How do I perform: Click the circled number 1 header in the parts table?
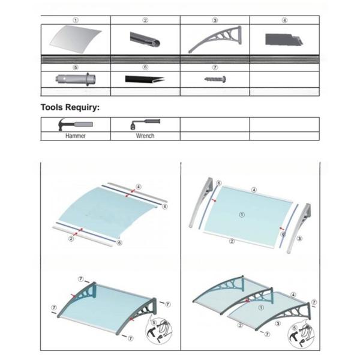pyautogui.click(x=76, y=20)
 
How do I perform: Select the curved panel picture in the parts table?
pyautogui.click(x=76, y=40)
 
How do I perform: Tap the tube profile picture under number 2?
pyautogui.click(x=145, y=40)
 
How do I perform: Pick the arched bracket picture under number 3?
pyautogui.click(x=215, y=39)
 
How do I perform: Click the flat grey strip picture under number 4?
pyautogui.click(x=284, y=40)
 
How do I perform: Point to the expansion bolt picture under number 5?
pyautogui.click(x=76, y=79)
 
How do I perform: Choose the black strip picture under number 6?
pyautogui.click(x=145, y=79)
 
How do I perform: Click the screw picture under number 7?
pyautogui.click(x=215, y=79)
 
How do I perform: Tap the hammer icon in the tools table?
pyautogui.click(x=76, y=124)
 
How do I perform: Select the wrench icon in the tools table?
pyautogui.click(x=145, y=124)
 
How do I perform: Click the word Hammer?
pyautogui.click(x=76, y=136)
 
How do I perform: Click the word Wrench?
pyautogui.click(x=145, y=136)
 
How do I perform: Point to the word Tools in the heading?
pyautogui.click(x=52, y=107)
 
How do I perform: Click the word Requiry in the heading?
pyautogui.click(x=83, y=107)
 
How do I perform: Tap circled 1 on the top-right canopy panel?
pyautogui.click(x=242, y=215)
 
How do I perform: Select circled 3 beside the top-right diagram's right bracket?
pyautogui.click(x=299, y=239)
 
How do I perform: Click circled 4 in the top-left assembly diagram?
pyautogui.click(x=138, y=187)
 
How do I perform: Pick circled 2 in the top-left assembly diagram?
pyautogui.click(x=71, y=239)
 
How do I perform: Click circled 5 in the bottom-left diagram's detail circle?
pyautogui.click(x=154, y=323)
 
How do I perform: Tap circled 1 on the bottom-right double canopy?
pyautogui.click(x=261, y=307)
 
